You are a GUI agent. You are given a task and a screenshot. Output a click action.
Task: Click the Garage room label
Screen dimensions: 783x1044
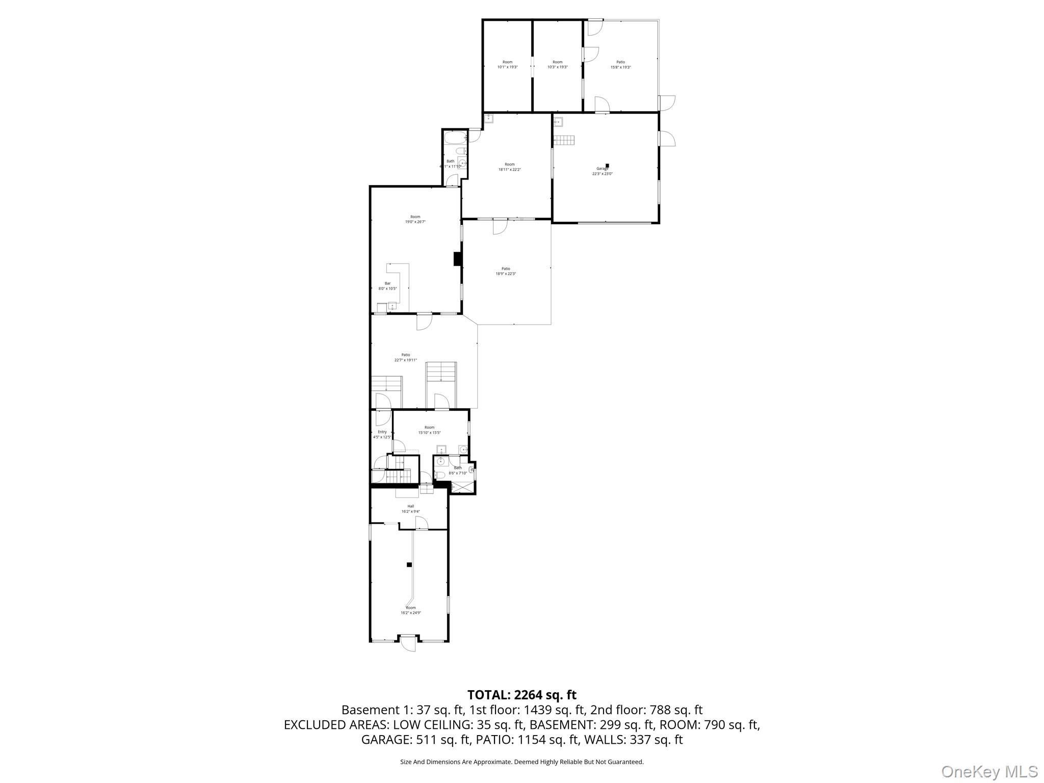point(602,169)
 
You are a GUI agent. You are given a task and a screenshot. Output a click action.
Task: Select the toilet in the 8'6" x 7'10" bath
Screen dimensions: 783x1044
point(439,475)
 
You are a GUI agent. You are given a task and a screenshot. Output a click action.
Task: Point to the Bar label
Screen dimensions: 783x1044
point(387,283)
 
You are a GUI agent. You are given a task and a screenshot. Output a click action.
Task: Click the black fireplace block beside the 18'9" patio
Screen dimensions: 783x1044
point(457,259)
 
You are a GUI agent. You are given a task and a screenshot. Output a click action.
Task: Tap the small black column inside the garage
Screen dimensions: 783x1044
point(607,165)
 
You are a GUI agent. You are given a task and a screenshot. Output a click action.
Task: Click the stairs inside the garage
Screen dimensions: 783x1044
point(564,140)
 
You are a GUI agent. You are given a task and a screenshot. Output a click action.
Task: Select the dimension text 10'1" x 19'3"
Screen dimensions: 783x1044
point(507,67)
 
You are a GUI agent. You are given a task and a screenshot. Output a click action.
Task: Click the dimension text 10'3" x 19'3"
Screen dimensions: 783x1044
point(557,67)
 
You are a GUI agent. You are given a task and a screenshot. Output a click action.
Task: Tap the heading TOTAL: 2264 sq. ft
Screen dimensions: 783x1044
point(521,695)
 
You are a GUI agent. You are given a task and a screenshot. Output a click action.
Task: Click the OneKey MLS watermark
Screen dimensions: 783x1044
point(988,771)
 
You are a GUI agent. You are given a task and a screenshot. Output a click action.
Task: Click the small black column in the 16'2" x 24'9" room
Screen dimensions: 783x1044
point(409,564)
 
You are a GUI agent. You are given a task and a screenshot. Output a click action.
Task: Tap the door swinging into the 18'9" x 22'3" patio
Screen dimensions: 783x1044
point(499,227)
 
